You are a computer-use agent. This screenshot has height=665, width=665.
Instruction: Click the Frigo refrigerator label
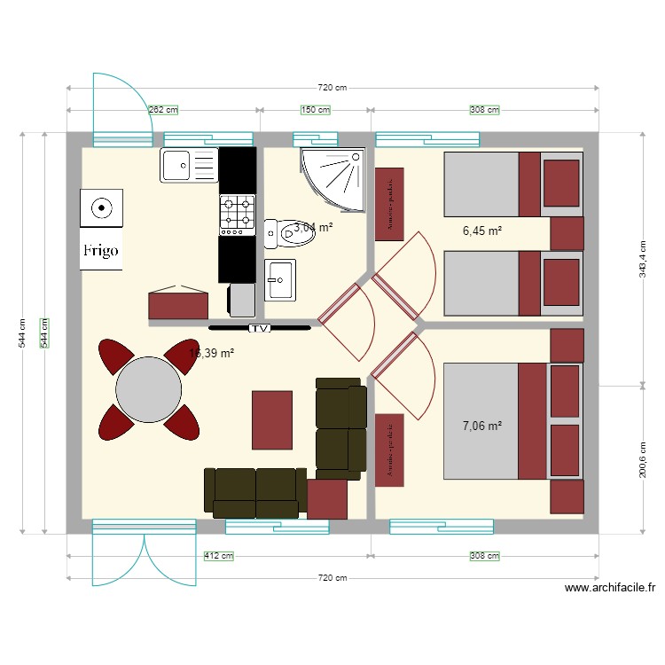coord(101,250)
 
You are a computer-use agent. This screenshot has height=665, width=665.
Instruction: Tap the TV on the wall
coord(260,328)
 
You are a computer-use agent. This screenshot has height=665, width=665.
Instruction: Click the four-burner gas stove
coord(238,214)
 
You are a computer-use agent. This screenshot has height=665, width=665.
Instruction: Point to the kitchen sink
coord(189,165)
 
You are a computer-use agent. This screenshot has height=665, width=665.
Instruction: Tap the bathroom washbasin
coord(279,279)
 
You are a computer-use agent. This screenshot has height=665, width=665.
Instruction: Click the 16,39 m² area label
coord(212,353)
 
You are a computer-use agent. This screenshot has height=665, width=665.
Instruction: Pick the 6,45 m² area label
coord(482,231)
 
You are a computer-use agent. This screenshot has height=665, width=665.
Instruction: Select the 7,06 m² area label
coord(482,426)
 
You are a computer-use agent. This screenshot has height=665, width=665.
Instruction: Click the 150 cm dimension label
coord(316,110)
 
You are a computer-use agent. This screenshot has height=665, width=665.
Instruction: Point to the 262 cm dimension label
coord(162,110)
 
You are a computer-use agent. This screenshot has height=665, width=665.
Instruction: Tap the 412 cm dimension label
coord(218,556)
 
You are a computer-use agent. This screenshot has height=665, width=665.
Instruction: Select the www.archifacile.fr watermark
coord(610,587)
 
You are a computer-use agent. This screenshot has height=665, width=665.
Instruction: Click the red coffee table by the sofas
coord(271,419)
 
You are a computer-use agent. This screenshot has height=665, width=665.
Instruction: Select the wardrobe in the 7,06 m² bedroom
coord(389,450)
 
